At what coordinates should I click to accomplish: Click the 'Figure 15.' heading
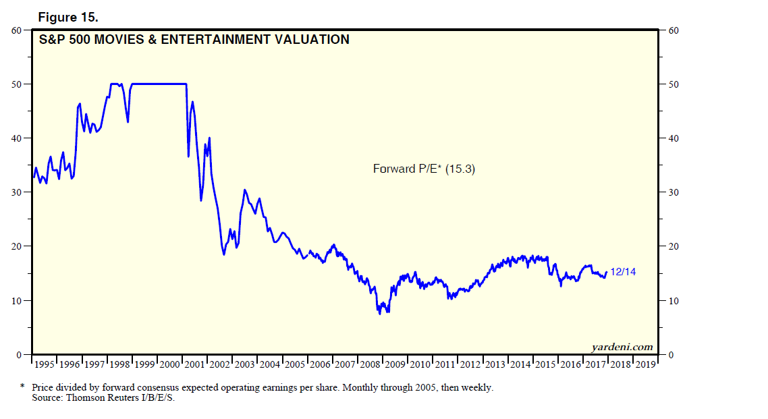[69, 14]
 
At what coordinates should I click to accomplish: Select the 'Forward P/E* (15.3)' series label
[424, 169]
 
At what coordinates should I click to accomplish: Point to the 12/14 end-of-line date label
[623, 272]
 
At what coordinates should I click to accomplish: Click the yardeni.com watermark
[622, 347]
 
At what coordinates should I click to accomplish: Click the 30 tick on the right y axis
[673, 192]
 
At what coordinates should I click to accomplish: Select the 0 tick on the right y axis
[670, 354]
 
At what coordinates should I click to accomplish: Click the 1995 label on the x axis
[44, 364]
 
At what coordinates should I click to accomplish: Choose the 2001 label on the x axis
[195, 364]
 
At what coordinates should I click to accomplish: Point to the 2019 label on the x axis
[645, 364]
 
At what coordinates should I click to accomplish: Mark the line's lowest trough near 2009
[379, 314]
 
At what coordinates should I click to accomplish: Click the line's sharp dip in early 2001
[188, 157]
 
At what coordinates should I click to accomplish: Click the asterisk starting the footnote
[23, 387]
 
